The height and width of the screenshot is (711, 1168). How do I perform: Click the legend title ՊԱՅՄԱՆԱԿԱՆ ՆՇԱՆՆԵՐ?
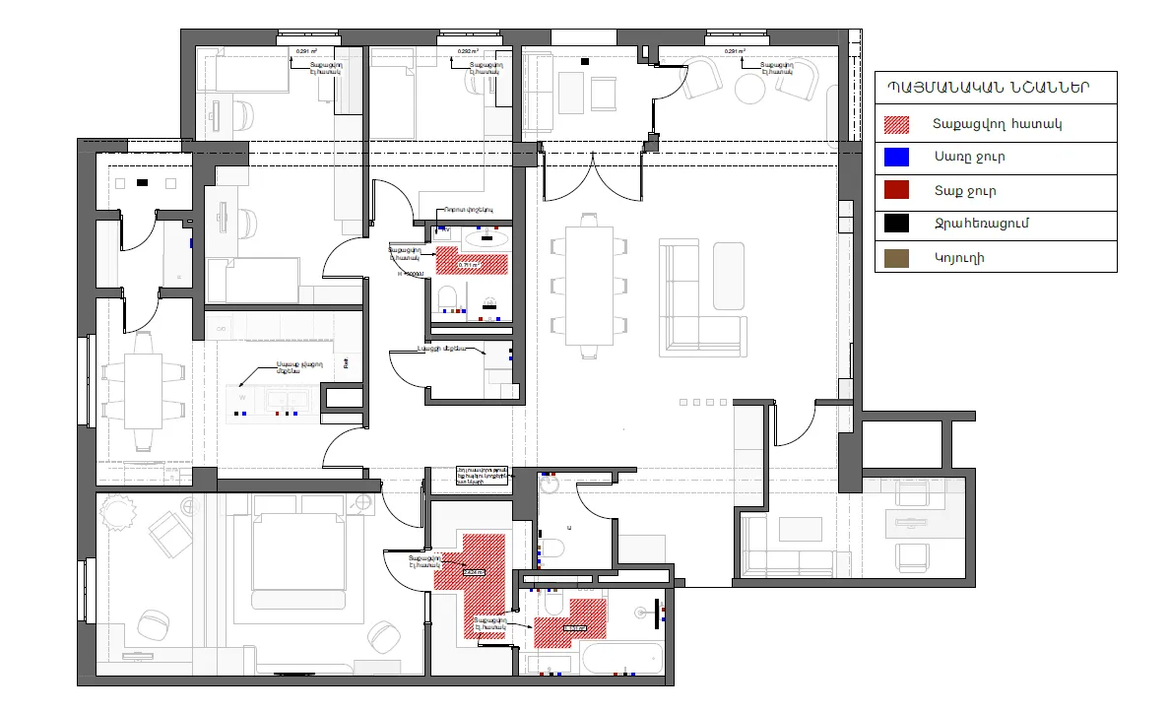click(x=995, y=86)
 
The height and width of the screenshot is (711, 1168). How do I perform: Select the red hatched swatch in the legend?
click(x=896, y=125)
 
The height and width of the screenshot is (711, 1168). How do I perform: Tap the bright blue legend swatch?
click(x=896, y=157)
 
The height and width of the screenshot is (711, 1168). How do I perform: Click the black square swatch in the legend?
click(x=896, y=224)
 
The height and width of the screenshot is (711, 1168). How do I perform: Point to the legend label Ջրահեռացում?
click(x=981, y=224)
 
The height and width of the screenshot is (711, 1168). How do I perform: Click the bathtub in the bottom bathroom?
click(x=619, y=658)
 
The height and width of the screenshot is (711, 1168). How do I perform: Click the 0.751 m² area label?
click(x=470, y=266)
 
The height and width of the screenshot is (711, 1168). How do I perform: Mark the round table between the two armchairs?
click(x=750, y=89)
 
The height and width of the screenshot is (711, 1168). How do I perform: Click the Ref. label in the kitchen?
click(x=346, y=362)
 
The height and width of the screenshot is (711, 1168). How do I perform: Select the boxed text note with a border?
click(x=482, y=477)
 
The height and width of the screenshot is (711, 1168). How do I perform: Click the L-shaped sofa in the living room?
click(x=702, y=296)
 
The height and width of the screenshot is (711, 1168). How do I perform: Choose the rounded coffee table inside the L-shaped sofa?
click(x=729, y=275)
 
